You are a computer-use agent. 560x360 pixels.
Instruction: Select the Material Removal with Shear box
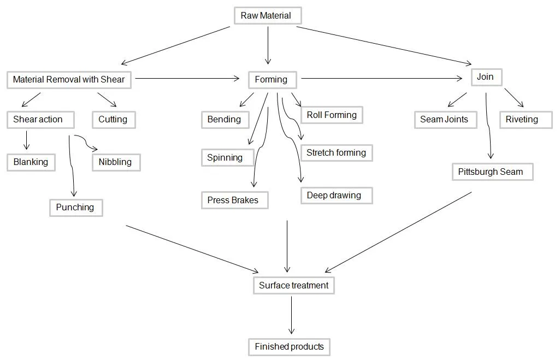pyautogui.click(x=69, y=79)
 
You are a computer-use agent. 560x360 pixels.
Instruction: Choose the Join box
pyautogui.click(x=486, y=77)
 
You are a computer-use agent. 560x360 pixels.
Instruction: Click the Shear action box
pyautogui.click(x=38, y=120)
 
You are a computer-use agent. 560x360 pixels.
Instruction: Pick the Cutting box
pyautogui.click(x=114, y=120)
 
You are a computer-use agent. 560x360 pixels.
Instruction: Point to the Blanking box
pyautogui.click(x=31, y=162)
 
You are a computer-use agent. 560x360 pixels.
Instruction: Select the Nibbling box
pyautogui.click(x=116, y=162)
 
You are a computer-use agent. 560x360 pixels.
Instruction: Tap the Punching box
pyautogui.click(x=76, y=208)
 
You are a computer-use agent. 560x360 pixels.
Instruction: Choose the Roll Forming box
pyautogui.click(x=332, y=115)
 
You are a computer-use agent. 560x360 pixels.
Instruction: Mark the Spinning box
pyautogui.click(x=227, y=157)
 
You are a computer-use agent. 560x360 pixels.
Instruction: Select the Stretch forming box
pyautogui.click(x=337, y=153)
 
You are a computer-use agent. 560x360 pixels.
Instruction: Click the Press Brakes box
pyautogui.click(x=234, y=200)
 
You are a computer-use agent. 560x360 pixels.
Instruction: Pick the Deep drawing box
pyautogui.click(x=336, y=196)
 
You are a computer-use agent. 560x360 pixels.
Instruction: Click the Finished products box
pyautogui.click(x=289, y=347)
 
